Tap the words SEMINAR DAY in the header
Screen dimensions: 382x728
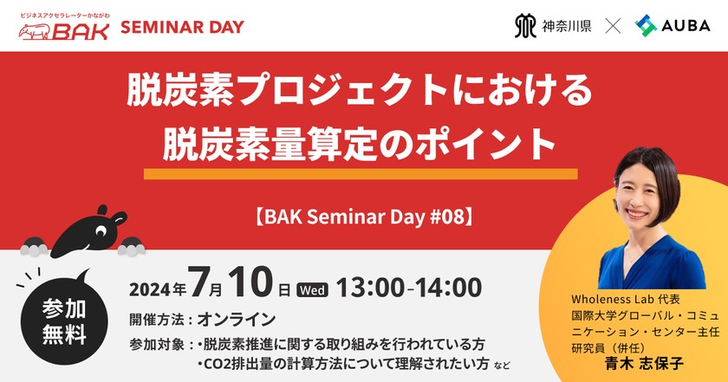click(182, 26)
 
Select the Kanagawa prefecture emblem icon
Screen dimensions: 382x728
click(525, 26)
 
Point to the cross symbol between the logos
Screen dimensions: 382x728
click(613, 26)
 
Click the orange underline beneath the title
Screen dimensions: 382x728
click(360, 174)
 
